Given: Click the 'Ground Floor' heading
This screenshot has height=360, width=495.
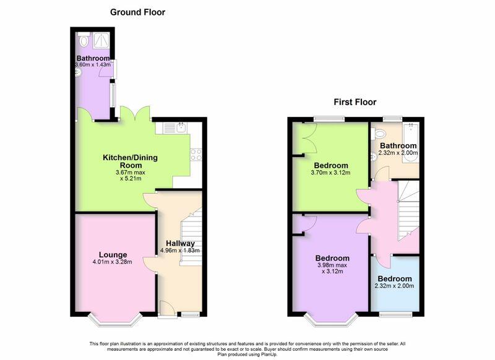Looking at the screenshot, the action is click(x=137, y=12).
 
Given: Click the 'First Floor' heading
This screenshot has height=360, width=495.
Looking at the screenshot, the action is click(x=355, y=102).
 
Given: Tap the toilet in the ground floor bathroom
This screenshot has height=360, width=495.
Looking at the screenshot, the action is click(x=84, y=40).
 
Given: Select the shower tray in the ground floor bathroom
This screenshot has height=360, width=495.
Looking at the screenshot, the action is click(x=101, y=40).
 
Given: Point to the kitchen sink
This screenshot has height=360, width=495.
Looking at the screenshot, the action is click(x=181, y=127).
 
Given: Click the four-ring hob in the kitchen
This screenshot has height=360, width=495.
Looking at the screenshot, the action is click(x=196, y=155).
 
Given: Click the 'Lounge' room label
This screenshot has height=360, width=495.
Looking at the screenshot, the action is click(x=113, y=255).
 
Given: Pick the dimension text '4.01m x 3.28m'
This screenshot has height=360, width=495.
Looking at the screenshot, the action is click(x=113, y=262).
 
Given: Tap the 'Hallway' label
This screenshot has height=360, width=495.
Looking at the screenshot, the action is click(x=180, y=244).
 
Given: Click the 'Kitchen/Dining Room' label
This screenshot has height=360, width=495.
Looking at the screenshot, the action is click(x=131, y=161).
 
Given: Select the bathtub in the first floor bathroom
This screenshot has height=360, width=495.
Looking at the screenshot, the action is click(x=411, y=144).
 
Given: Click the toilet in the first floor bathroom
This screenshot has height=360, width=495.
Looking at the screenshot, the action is click(x=379, y=134).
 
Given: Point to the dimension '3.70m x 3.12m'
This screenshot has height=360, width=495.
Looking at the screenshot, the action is click(x=330, y=173).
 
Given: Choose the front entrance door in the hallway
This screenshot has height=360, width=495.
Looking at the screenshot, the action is click(x=167, y=309).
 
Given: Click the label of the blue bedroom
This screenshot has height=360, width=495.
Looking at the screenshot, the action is click(x=395, y=279).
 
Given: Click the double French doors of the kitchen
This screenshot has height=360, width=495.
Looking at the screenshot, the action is click(x=135, y=114).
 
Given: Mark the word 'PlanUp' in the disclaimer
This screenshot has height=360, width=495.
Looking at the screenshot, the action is click(x=270, y=354).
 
